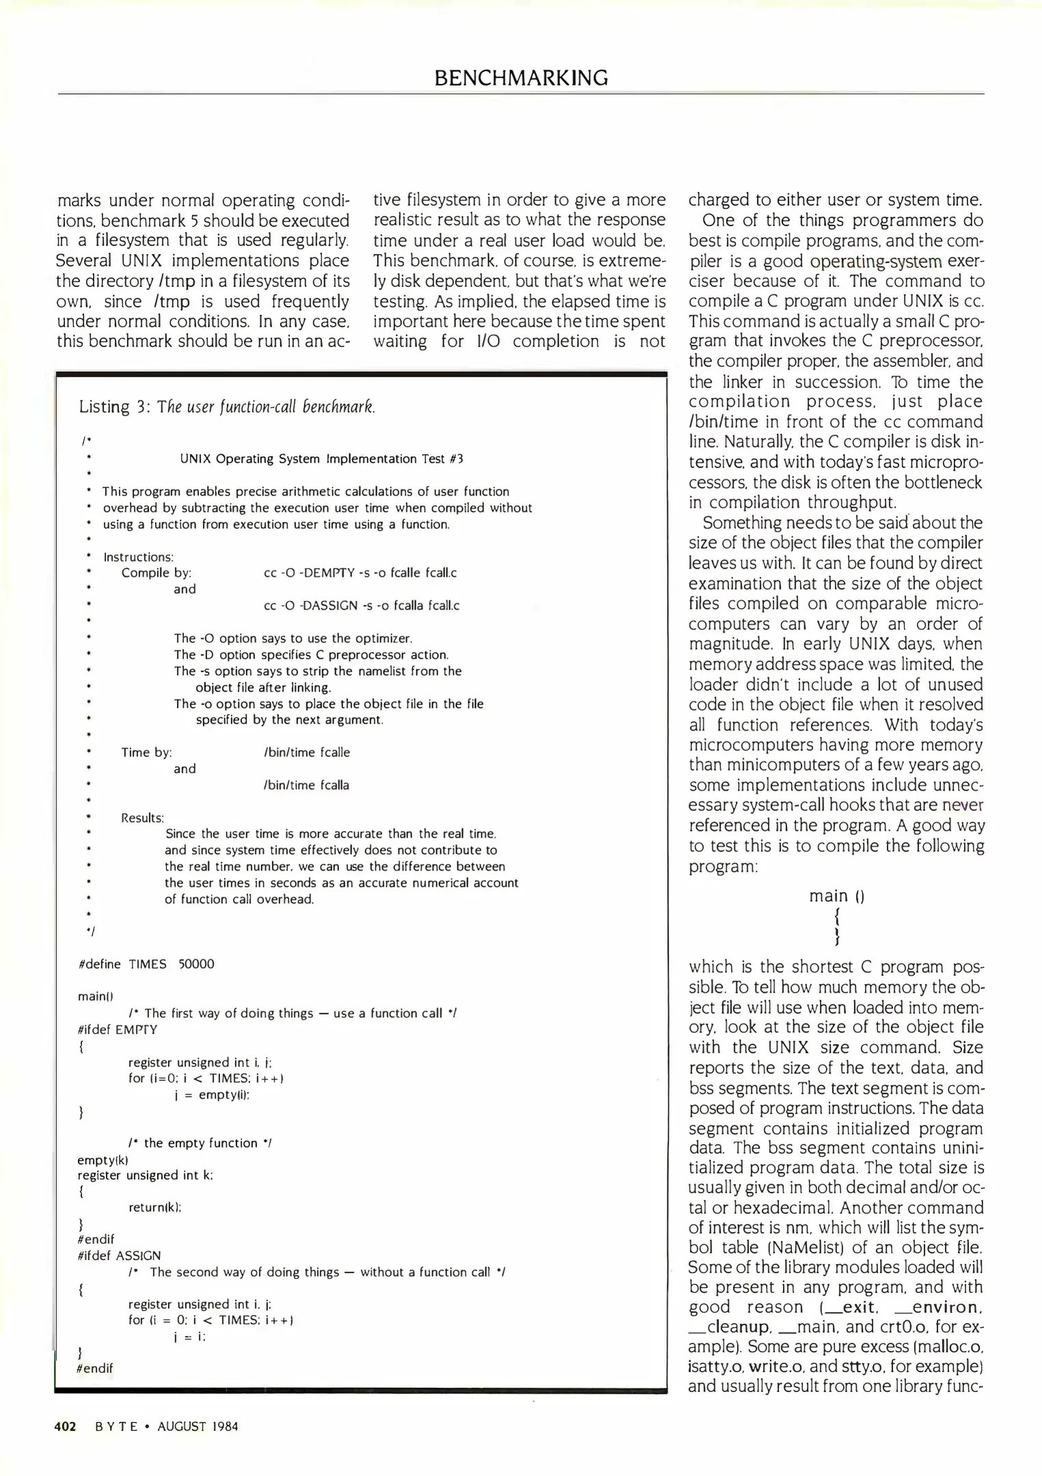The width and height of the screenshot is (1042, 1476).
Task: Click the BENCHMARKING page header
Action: coord(520,78)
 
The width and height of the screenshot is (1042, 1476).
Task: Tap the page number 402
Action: coord(65,1426)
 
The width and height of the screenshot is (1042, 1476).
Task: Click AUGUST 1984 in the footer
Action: coord(198,1426)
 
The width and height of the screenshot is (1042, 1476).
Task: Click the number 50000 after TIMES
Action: coord(196,964)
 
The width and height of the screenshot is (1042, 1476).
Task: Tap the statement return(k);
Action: coord(155,1207)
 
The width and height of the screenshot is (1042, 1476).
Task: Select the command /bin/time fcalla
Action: coord(306,785)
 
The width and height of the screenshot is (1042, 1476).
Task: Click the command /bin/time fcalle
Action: coord(306,752)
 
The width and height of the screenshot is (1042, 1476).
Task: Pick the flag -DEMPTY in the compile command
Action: coord(327,573)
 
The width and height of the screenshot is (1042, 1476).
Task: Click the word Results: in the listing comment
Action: coord(142,818)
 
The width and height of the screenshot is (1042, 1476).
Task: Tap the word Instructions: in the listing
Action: coord(138,557)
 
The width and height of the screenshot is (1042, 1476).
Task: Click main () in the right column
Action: coord(836,896)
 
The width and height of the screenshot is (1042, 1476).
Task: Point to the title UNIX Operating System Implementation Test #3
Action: coord(321,459)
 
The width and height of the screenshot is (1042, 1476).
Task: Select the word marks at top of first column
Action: coord(79,202)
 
